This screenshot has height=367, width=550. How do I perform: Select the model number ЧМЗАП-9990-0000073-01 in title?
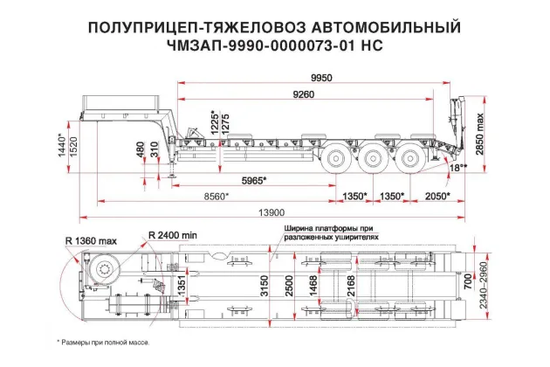coord(251,44)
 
